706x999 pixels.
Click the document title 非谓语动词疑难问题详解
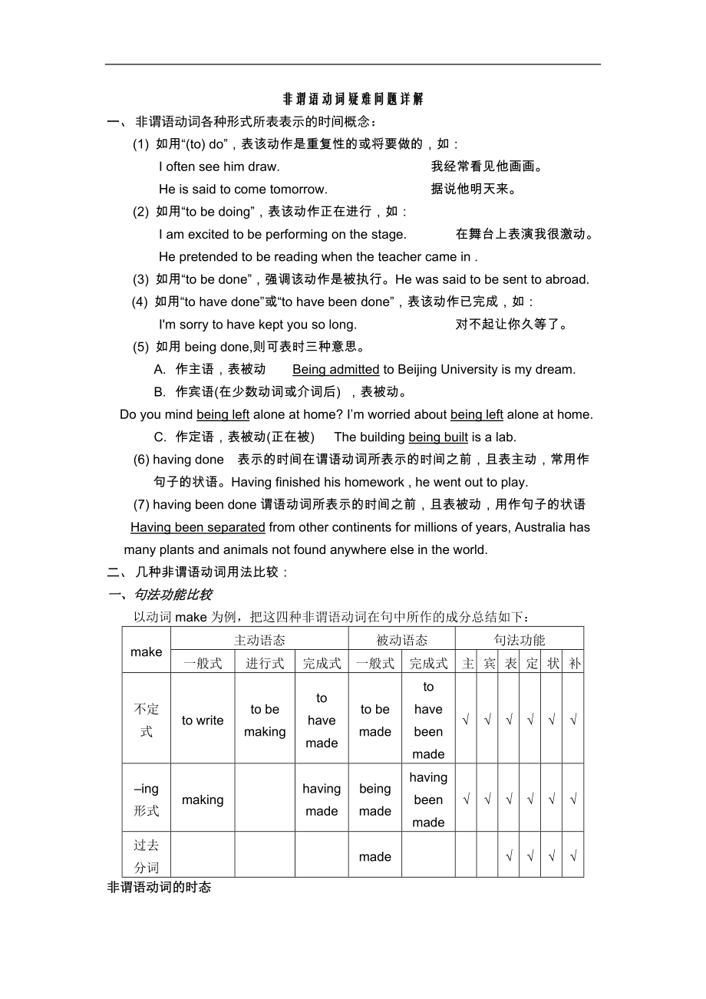[x=353, y=100]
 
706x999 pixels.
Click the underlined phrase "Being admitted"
[x=336, y=370]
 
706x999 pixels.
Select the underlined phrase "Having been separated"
[x=198, y=528]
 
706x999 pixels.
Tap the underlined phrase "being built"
[x=438, y=437]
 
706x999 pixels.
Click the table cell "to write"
[x=203, y=720]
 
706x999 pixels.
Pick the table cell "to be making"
[x=265, y=720]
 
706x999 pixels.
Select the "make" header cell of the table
[x=146, y=651]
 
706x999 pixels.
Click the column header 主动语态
[x=259, y=640]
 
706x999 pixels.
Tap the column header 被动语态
[x=402, y=640]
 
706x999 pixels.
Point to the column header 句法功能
[x=520, y=640]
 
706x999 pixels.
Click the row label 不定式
[x=146, y=720]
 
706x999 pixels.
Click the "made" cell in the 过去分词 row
[x=375, y=857]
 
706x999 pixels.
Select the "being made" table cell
[x=375, y=800]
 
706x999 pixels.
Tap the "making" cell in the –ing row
[x=203, y=800]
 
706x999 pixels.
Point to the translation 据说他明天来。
[x=473, y=190]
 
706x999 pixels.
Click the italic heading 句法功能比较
[x=173, y=595]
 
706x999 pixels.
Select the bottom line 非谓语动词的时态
[x=159, y=888]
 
